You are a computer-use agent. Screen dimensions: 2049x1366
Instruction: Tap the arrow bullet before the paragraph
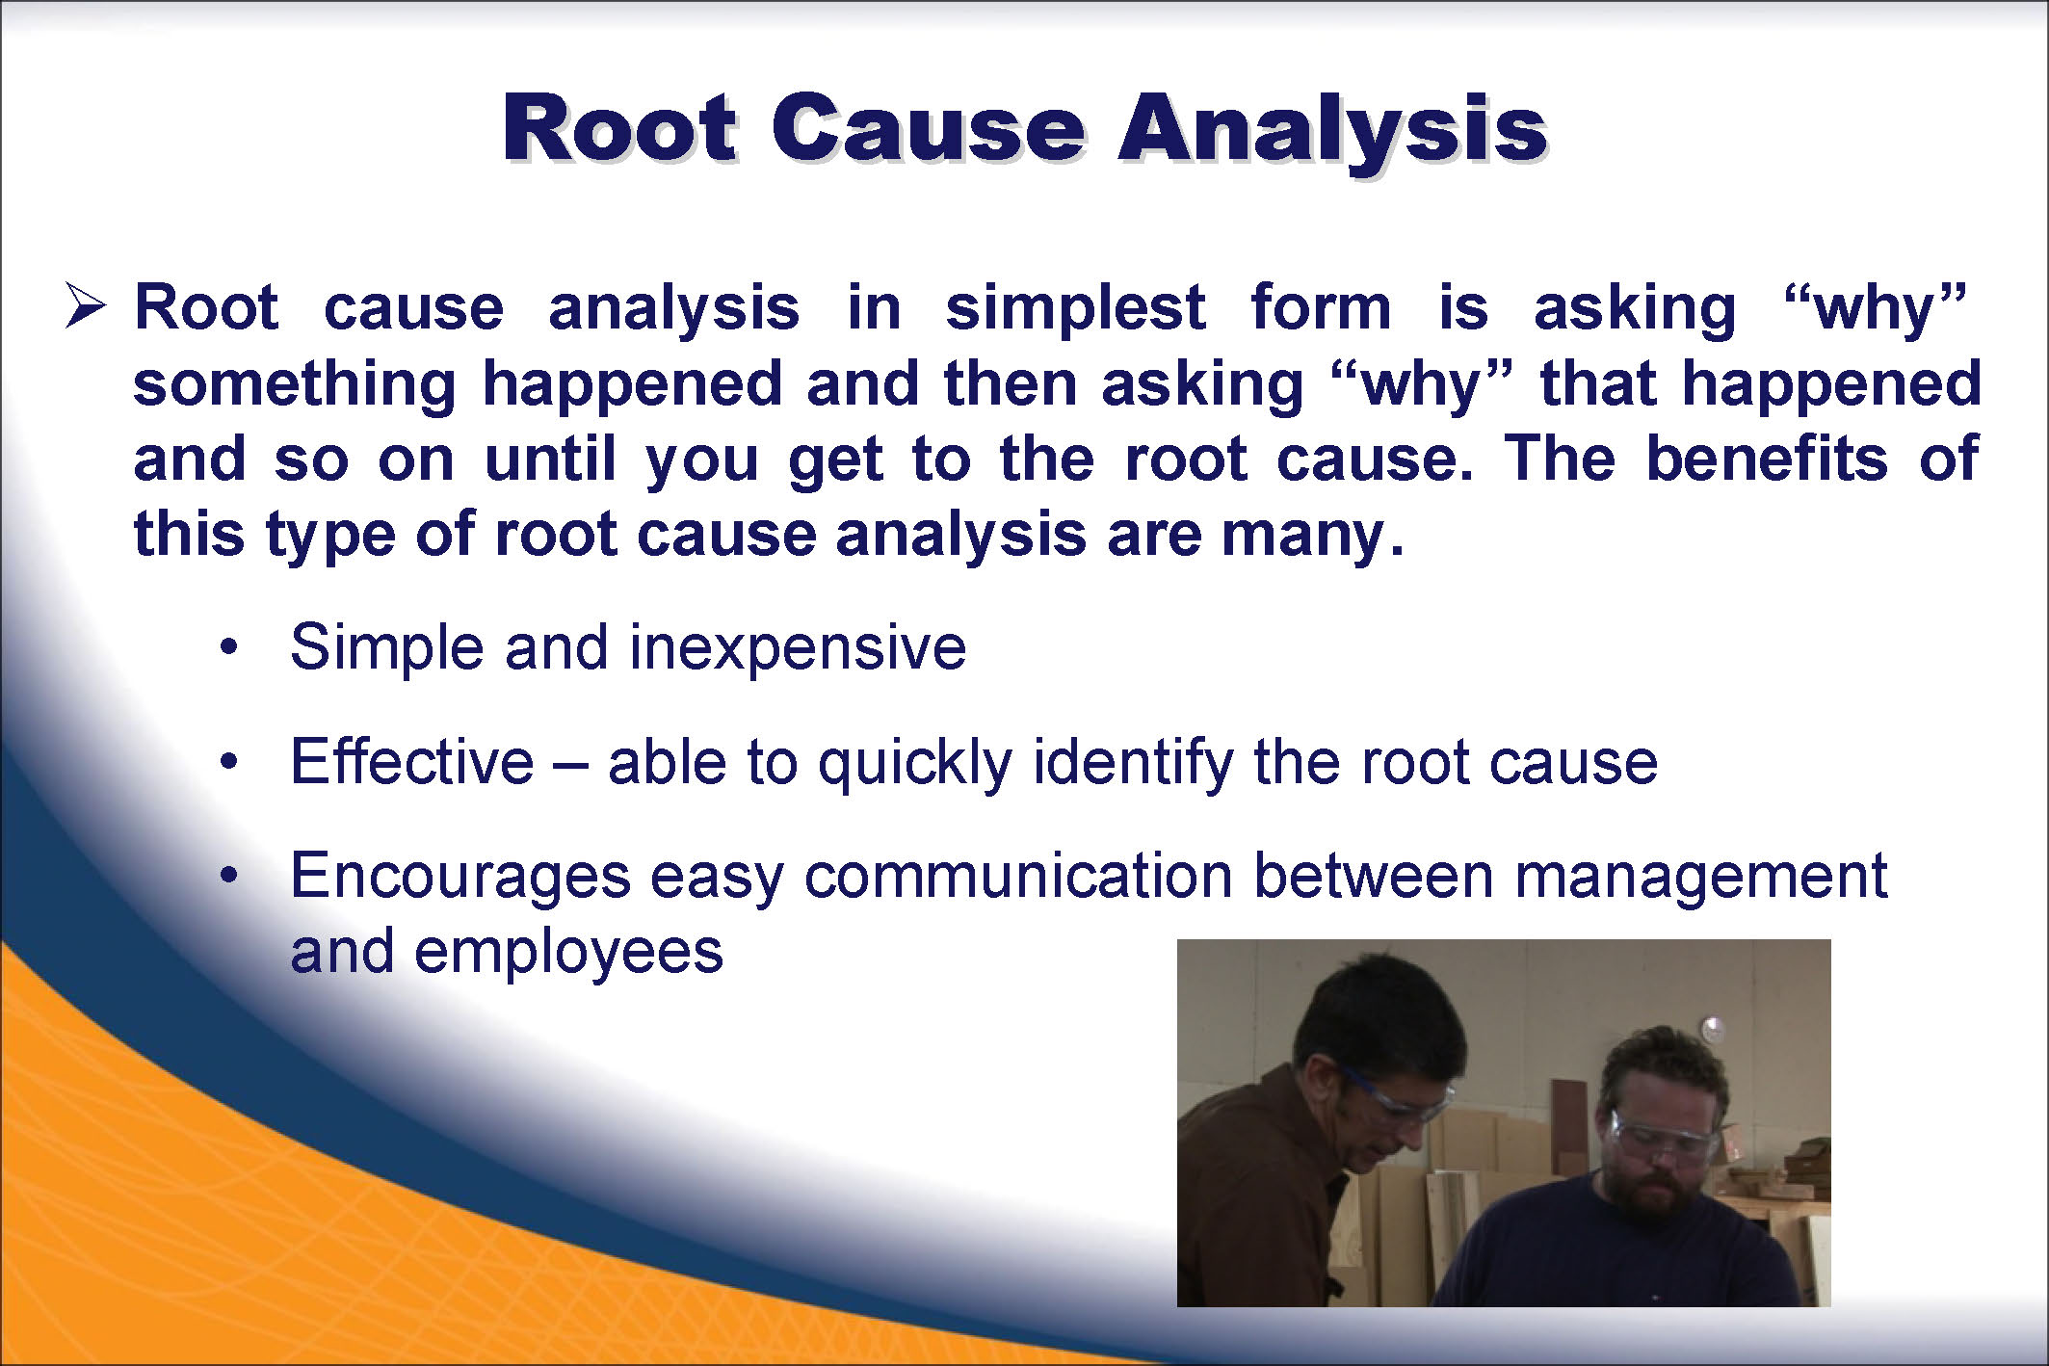pyautogui.click(x=85, y=308)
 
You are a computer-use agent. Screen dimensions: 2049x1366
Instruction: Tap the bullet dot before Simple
pyautogui.click(x=228, y=647)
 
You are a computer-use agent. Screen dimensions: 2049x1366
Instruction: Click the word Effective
pyautogui.click(x=412, y=761)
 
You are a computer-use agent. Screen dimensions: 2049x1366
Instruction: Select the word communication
pyautogui.click(x=1018, y=876)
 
